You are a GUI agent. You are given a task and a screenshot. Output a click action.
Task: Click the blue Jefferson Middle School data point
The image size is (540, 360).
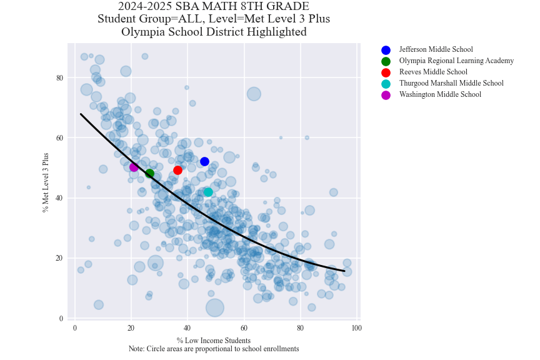click(204, 161)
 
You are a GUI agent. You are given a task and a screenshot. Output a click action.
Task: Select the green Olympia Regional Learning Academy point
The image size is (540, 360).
click(149, 173)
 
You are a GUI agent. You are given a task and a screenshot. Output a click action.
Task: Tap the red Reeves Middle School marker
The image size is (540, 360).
click(177, 170)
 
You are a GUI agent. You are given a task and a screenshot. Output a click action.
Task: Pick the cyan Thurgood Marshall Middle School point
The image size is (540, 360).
click(208, 192)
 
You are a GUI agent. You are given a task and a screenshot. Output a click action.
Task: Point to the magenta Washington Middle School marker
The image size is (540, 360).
click(134, 167)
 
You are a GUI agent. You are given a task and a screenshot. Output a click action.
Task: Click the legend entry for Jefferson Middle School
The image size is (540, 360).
click(436, 50)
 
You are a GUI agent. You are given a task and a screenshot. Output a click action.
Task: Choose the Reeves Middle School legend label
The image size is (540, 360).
click(433, 72)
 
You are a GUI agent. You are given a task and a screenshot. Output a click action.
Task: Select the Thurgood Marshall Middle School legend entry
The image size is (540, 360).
click(451, 84)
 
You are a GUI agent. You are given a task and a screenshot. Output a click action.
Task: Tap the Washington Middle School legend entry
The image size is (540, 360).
click(440, 95)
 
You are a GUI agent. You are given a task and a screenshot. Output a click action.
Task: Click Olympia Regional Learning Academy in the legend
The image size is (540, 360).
click(456, 61)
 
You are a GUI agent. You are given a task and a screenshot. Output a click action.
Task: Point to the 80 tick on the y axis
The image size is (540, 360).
click(60, 77)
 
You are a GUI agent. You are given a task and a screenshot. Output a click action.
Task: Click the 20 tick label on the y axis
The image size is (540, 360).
click(60, 258)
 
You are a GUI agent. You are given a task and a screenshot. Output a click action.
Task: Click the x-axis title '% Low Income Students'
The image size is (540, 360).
click(214, 341)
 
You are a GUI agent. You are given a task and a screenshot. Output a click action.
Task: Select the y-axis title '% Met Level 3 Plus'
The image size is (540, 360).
click(46, 182)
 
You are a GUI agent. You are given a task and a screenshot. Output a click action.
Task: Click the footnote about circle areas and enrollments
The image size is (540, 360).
click(214, 349)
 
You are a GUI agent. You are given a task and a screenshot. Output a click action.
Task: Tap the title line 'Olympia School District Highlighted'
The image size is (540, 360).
click(214, 32)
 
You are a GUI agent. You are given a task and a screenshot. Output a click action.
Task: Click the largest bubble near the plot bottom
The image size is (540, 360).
click(214, 307)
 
